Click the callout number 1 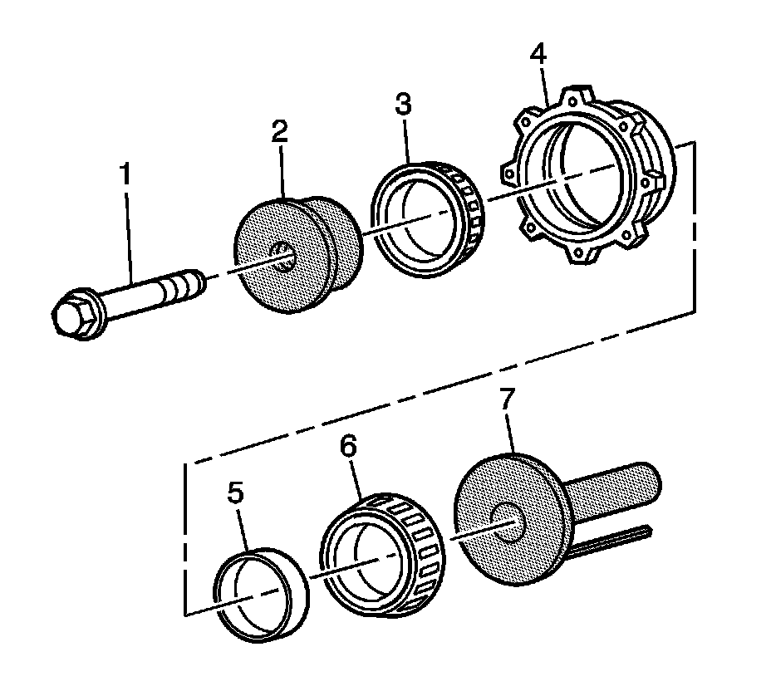126,176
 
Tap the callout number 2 279,131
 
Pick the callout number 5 236,494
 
